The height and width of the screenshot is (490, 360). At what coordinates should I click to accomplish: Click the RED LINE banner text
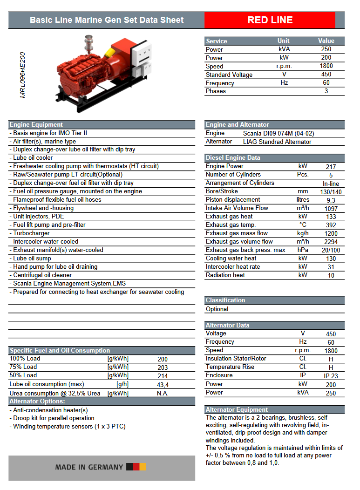pyautogui.click(x=270, y=20)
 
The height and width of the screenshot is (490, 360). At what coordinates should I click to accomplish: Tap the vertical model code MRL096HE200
pyautogui.click(x=22, y=75)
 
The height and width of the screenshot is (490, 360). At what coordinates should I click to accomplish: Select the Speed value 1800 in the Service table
pyautogui.click(x=326, y=66)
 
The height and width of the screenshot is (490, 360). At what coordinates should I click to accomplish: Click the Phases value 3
pyautogui.click(x=326, y=91)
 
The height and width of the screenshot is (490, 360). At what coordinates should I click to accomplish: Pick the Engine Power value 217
pyautogui.click(x=331, y=167)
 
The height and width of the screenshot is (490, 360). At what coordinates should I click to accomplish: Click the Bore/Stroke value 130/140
pyautogui.click(x=331, y=192)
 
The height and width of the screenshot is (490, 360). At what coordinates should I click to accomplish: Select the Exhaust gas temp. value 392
pyautogui.click(x=331, y=225)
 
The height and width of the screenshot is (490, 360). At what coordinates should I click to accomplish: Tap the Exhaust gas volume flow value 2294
pyautogui.click(x=331, y=242)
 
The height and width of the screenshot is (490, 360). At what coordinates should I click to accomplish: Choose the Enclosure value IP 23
pyautogui.click(x=331, y=376)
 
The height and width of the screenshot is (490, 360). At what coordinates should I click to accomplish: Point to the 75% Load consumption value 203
pyautogui.click(x=163, y=367)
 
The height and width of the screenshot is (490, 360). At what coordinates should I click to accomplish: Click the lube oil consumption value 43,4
pyautogui.click(x=163, y=385)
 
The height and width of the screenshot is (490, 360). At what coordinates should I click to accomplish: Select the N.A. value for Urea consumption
pyautogui.click(x=163, y=393)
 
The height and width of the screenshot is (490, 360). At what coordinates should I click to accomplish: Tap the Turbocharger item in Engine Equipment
pyautogui.click(x=31, y=233)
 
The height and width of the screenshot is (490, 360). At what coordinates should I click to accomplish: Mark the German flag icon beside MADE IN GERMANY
pyautogui.click(x=136, y=467)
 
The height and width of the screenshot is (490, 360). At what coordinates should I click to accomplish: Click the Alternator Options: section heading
pyautogui.click(x=37, y=402)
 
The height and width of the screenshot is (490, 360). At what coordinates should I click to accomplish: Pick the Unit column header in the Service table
pyautogui.click(x=283, y=41)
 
